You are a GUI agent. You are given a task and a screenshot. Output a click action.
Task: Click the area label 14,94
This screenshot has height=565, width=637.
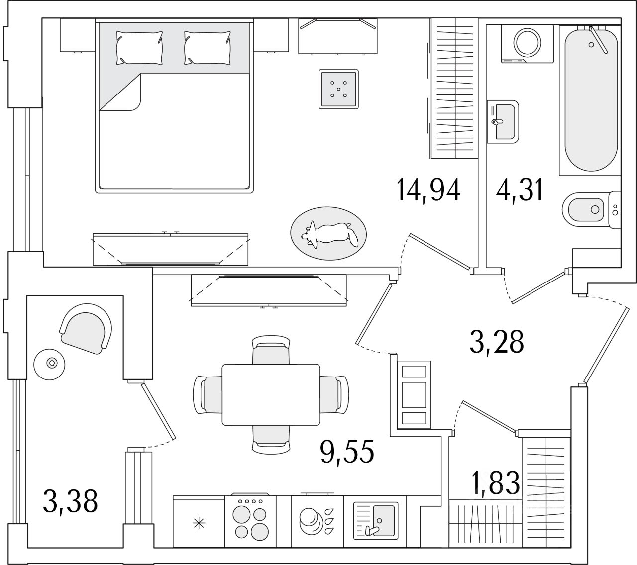point(428,190)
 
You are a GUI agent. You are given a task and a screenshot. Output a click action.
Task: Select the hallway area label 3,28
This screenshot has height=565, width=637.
point(496,342)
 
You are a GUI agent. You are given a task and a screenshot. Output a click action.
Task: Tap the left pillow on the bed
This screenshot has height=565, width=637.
point(139,46)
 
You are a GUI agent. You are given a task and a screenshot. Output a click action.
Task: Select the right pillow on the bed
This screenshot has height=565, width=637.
point(207,46)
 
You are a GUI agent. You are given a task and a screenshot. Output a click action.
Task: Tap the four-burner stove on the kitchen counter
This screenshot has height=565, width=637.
point(251,520)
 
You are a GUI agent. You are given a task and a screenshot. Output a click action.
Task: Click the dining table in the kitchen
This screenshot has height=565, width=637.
point(271,394)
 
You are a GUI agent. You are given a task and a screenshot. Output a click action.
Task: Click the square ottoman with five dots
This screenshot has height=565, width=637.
point(338,89)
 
